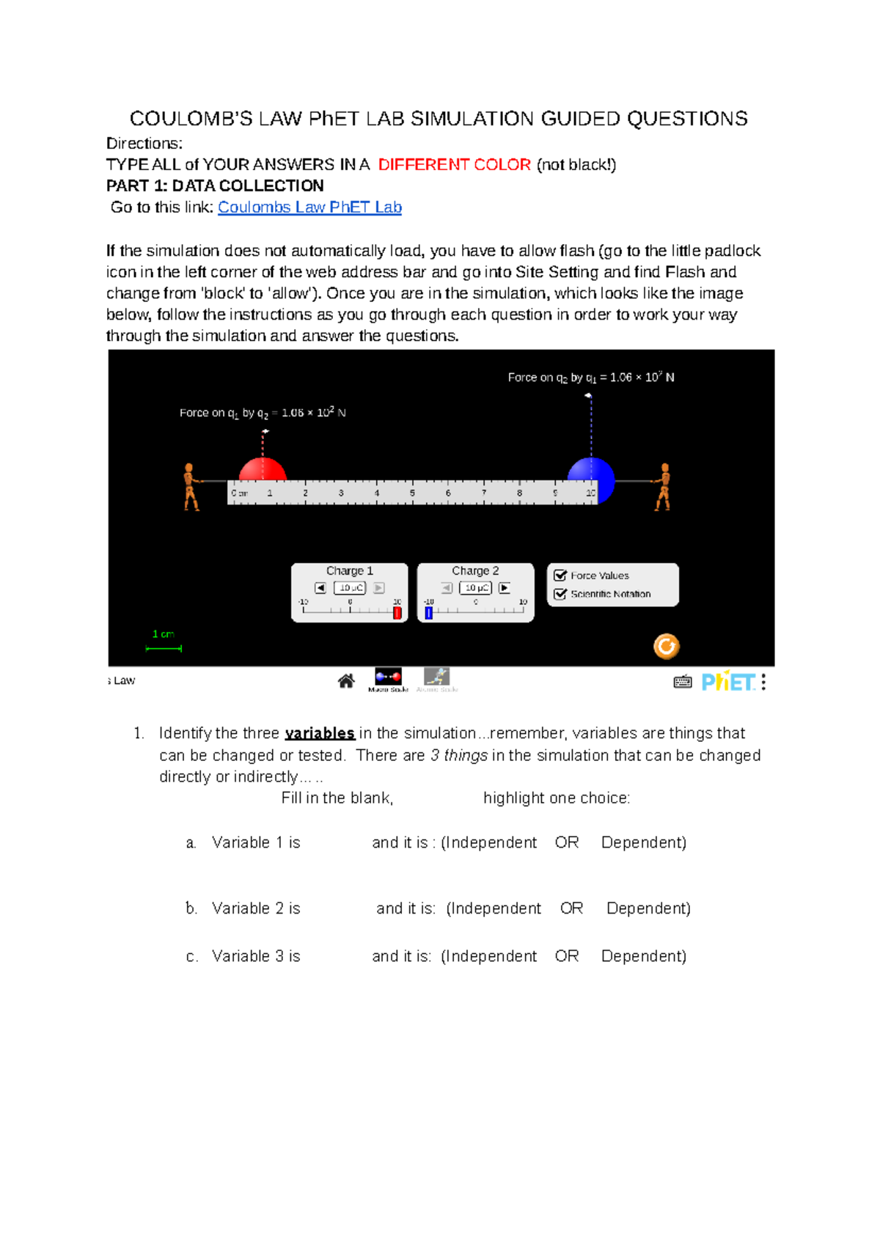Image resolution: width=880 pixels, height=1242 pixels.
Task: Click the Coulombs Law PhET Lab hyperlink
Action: pyautogui.click(x=309, y=207)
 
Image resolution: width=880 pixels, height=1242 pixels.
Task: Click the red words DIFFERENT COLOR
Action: pyautogui.click(x=454, y=165)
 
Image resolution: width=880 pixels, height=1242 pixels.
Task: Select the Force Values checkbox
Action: pyautogui.click(x=560, y=576)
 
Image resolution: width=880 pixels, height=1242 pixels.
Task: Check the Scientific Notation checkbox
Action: pyautogui.click(x=560, y=594)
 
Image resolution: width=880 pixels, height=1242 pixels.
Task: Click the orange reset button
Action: pyautogui.click(x=666, y=646)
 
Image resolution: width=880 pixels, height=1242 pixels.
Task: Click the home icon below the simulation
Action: pyautogui.click(x=346, y=681)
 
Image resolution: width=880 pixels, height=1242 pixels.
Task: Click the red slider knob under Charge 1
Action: pyautogui.click(x=397, y=612)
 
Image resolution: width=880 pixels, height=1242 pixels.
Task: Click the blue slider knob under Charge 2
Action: pyautogui.click(x=429, y=612)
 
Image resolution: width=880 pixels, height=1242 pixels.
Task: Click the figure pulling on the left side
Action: pyautogui.click(x=191, y=486)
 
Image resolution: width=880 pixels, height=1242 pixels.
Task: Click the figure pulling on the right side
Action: pyautogui.click(x=663, y=486)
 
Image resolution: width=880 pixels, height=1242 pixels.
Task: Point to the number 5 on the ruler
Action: pyautogui.click(x=412, y=493)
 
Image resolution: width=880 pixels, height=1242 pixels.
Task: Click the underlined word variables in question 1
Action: pyautogui.click(x=320, y=733)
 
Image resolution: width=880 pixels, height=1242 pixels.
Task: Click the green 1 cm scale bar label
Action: pyautogui.click(x=163, y=634)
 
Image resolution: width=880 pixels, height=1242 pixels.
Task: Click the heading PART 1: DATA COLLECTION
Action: pyautogui.click(x=215, y=186)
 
